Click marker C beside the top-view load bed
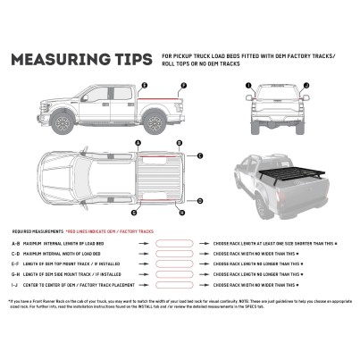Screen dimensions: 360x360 point(199,155)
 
